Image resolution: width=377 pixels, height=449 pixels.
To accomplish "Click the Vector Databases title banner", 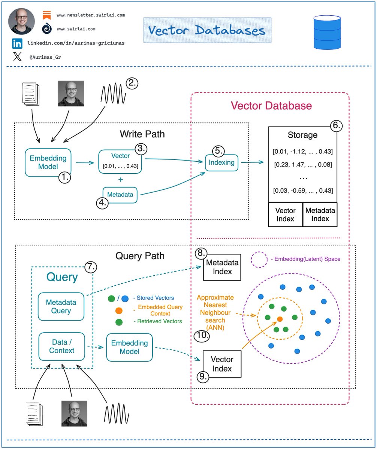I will pyautogui.click(x=207, y=30).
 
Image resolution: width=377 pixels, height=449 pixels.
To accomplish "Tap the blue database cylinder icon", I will pyautogui.click(x=328, y=33).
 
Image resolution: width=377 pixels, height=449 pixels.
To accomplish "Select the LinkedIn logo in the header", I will pyautogui.click(x=17, y=43).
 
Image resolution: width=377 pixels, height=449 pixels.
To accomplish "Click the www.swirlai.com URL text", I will pyautogui.click(x=76, y=28).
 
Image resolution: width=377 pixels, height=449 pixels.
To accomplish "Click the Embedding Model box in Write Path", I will pyautogui.click(x=48, y=162).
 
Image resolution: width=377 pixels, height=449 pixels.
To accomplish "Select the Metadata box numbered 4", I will pyautogui.click(x=120, y=195).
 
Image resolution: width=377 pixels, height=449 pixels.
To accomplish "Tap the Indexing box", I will pyautogui.click(x=221, y=163).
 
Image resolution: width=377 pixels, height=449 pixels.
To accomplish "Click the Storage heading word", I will pyautogui.click(x=302, y=135).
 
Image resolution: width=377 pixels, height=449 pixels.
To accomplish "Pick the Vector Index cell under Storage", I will pyautogui.click(x=285, y=214).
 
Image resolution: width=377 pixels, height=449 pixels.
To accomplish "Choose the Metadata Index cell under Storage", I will pyautogui.click(x=320, y=214).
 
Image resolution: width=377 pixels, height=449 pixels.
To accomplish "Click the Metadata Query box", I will pyautogui.click(x=61, y=306).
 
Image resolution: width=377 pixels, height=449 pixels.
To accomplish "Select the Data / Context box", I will pyautogui.click(x=62, y=346).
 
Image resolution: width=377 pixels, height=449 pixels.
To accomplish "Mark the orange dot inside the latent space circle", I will pyautogui.click(x=280, y=319).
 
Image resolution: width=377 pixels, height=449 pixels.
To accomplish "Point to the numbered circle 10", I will pyautogui.click(x=202, y=336).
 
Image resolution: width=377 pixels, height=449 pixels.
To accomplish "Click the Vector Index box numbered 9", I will pyautogui.click(x=222, y=364).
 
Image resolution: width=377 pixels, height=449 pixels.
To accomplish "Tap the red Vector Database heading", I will pyautogui.click(x=271, y=106).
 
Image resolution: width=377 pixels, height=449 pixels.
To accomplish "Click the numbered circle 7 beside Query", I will pyautogui.click(x=90, y=267).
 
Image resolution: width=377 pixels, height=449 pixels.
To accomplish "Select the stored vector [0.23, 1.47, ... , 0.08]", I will pyautogui.click(x=303, y=164).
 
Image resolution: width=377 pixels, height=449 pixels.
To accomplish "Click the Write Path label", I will pyautogui.click(x=142, y=134).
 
